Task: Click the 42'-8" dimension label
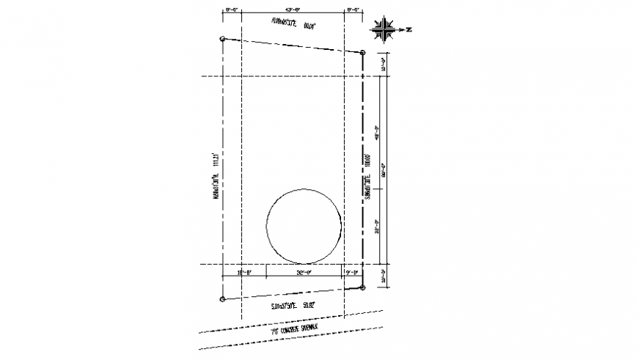tap(293, 10)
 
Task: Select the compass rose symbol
tap(384, 30)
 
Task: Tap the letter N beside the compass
tap(410, 30)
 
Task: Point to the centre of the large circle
tap(304, 226)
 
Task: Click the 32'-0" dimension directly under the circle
tap(304, 273)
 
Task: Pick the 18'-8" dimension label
tap(244, 273)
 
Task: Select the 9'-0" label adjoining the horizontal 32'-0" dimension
tap(352, 273)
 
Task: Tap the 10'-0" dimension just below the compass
tap(383, 65)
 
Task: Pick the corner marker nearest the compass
tap(362, 52)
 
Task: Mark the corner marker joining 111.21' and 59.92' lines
tap(222, 299)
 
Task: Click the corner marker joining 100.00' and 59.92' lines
tap(362, 287)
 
